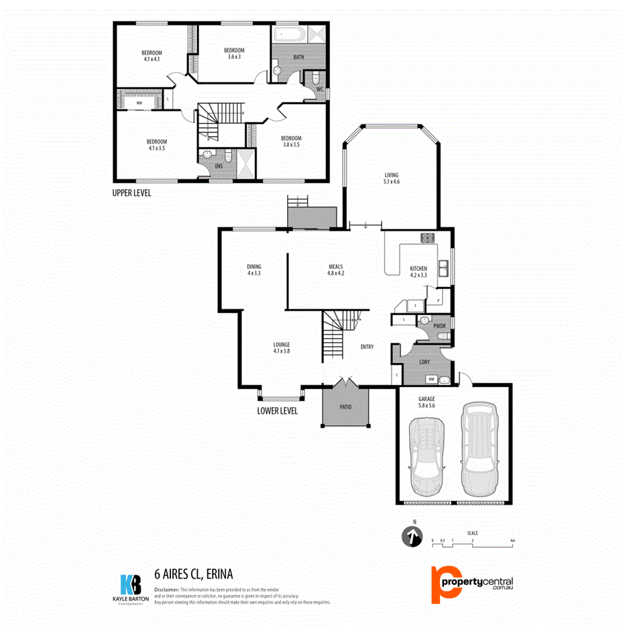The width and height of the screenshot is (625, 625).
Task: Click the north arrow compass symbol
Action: [412, 536]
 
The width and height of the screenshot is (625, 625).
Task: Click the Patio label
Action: [345, 406]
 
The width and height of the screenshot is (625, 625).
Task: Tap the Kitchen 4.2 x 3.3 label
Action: [418, 272]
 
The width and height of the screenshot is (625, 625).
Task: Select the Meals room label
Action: [335, 270]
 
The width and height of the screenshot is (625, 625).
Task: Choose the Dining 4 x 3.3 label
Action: [253, 270]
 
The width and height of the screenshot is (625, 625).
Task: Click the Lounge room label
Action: [281, 347]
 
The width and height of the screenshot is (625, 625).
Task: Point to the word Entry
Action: [367, 347]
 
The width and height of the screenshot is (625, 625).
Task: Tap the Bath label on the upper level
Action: [298, 57]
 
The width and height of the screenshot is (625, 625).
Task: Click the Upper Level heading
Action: [132, 192]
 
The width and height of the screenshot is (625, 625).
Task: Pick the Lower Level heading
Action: [278, 411]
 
